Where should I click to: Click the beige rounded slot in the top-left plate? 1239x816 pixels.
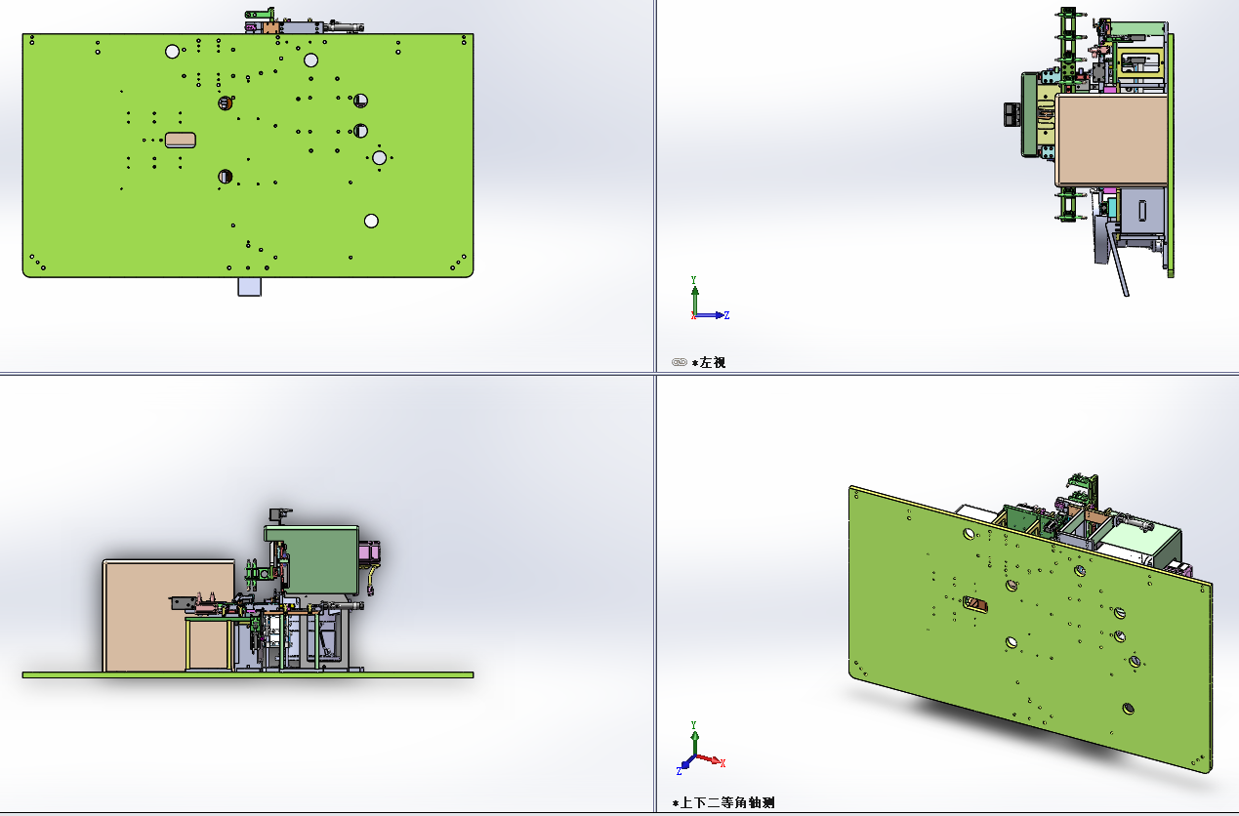coord(181,140)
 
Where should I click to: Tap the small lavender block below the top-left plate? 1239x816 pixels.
coord(249,287)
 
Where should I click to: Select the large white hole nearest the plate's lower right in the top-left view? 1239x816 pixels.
coord(371,222)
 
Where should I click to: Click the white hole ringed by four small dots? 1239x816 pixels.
coord(379,158)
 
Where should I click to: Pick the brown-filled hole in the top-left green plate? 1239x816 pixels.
coord(226,102)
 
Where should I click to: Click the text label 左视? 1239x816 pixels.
coord(713,363)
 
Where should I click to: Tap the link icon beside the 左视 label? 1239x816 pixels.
coord(680,362)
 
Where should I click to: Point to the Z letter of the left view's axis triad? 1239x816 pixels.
coord(726,315)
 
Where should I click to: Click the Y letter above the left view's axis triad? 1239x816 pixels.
coord(693,280)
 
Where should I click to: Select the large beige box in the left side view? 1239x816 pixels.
coord(1111,140)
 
